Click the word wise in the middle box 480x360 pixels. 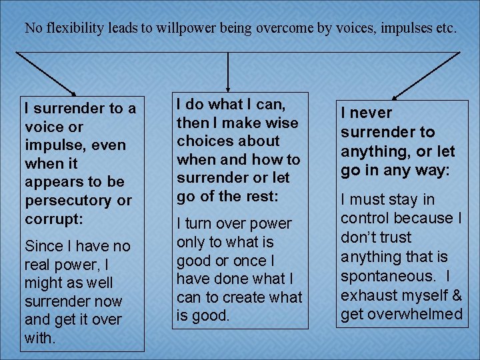point(283,123)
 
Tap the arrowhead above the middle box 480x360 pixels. point(228,85)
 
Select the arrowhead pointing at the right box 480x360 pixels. point(396,97)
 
